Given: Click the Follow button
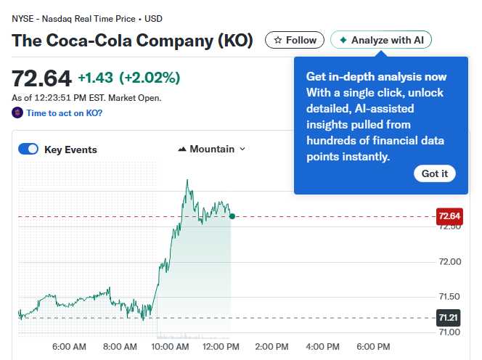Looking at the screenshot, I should click(x=295, y=40).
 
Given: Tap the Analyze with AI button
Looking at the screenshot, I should click(x=381, y=40).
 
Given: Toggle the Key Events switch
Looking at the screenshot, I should click(x=28, y=150).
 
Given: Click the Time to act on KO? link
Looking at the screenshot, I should click(x=64, y=113).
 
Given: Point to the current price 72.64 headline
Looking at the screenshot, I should click(x=41, y=78).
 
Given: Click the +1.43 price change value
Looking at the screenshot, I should click(x=94, y=78).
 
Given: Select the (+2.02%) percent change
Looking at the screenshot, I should click(x=150, y=78).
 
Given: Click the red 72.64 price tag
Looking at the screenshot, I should click(x=449, y=216).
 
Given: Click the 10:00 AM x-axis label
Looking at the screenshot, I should click(x=171, y=347).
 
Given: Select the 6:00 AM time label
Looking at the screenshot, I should click(x=69, y=347).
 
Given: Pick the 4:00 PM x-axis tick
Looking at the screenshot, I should click(x=323, y=347).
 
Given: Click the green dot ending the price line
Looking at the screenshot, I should click(x=232, y=216).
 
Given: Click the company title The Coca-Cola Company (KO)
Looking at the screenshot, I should click(x=132, y=41).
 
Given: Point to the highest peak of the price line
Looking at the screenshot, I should click(x=187, y=180).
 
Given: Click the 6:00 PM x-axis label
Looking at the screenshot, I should click(x=374, y=347).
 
